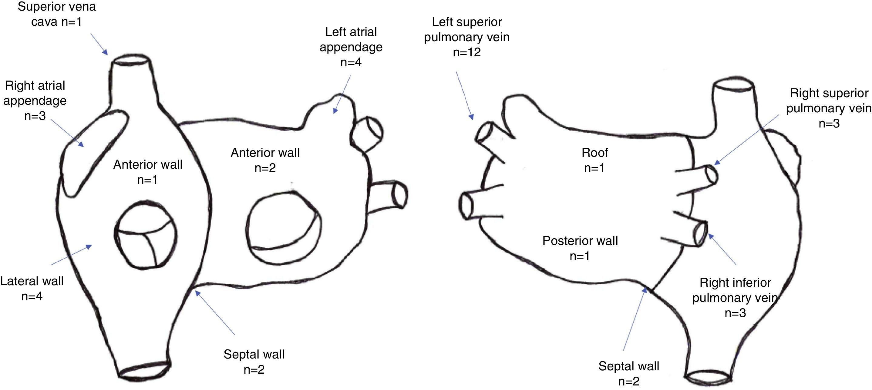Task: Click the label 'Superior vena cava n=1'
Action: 56,14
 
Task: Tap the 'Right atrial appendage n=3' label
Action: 35,100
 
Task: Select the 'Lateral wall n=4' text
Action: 32,288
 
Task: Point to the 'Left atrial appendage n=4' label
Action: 351,47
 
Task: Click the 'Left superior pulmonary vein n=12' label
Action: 466,37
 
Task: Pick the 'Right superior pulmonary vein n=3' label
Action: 829,108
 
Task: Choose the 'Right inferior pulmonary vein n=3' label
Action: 735,297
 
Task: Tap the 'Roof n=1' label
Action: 594,160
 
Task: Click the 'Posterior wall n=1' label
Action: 580,248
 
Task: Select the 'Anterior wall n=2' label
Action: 265,160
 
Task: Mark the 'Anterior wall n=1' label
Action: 148,172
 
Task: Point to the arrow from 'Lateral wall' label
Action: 71,255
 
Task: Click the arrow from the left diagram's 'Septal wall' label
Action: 215,312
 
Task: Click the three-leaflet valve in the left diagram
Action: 145,235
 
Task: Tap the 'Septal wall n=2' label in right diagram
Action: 629,373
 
